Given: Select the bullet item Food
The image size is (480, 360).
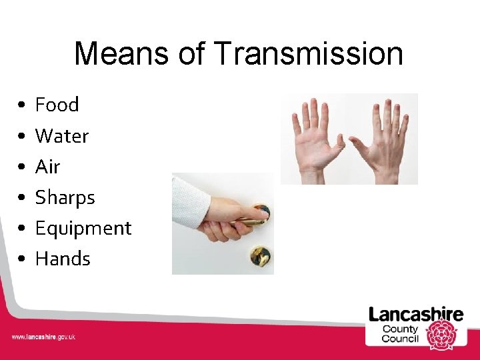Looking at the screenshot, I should click(x=57, y=105).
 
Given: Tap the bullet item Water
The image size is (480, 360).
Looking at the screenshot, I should click(x=61, y=136).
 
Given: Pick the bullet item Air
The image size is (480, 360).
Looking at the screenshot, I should click(x=47, y=167).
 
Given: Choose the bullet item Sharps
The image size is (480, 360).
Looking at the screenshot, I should click(x=65, y=197).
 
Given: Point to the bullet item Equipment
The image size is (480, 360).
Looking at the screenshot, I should click(x=83, y=229).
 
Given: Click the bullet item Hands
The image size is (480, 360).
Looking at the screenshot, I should click(x=62, y=259).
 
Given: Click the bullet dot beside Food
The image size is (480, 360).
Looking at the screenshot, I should click(x=22, y=106).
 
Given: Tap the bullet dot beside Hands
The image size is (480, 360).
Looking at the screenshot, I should click(x=22, y=260).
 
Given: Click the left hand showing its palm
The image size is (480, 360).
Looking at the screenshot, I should click(x=316, y=139).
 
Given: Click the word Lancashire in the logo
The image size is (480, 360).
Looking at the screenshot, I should click(x=416, y=315).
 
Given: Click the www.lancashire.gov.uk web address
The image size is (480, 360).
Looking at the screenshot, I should click(x=43, y=337).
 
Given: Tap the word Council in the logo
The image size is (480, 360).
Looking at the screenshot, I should click(x=399, y=339).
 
